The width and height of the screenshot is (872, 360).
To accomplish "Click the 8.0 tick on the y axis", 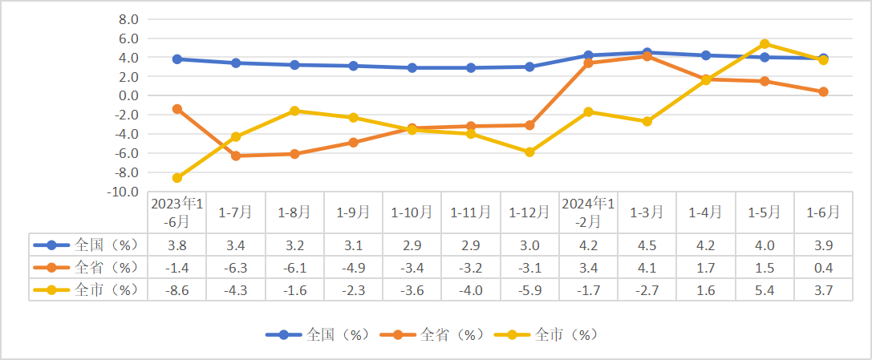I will click(128, 19).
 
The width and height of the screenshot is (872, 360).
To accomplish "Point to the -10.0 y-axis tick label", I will click(125, 192).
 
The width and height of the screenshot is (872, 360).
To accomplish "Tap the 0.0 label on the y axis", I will click(128, 95).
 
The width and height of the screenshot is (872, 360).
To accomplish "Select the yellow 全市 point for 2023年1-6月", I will click(177, 178).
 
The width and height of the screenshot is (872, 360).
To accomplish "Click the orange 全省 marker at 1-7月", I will click(236, 156).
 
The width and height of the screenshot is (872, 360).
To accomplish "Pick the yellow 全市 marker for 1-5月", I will click(765, 44).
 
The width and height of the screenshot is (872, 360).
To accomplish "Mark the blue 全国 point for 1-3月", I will click(647, 53).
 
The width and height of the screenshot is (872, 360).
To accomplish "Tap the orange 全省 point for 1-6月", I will click(823, 91).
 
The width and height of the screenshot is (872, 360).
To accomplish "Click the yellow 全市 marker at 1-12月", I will click(529, 152).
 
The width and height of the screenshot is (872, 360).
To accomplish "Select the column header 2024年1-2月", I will click(588, 212).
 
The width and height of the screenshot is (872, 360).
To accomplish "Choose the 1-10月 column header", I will click(412, 212).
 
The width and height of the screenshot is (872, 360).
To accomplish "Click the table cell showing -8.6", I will click(177, 289).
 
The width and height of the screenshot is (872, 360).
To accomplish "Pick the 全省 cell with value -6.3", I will click(236, 267).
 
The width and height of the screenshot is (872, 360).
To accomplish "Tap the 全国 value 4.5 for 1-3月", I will click(647, 245).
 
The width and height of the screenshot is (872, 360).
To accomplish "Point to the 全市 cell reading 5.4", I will click(765, 289).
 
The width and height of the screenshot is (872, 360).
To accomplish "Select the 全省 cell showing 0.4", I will click(823, 267).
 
